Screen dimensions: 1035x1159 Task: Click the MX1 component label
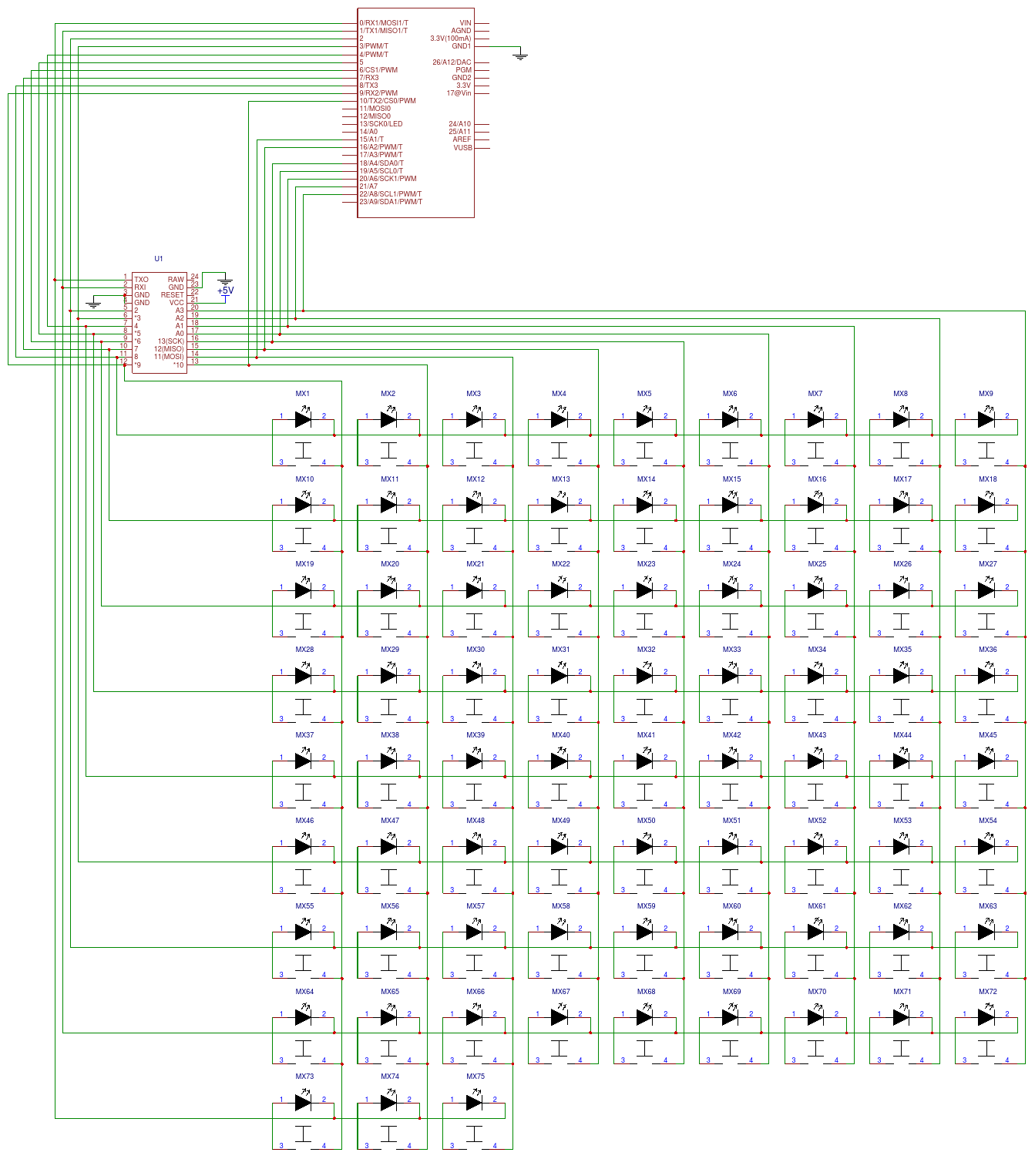point(302,394)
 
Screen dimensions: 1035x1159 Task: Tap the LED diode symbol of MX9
point(986,419)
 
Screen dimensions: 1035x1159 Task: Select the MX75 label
point(475,1077)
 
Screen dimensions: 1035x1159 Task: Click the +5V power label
point(225,291)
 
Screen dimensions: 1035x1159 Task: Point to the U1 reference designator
point(159,259)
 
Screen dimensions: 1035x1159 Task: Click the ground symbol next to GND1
point(521,55)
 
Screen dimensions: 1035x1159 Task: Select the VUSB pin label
point(462,148)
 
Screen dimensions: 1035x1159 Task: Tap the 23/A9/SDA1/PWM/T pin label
point(391,202)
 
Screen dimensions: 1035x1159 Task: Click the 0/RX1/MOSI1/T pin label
point(384,23)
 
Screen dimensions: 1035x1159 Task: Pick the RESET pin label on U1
point(172,295)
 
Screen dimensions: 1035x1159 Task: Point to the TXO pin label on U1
point(141,280)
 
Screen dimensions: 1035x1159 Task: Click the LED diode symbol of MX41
point(644,761)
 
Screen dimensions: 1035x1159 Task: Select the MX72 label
point(987,992)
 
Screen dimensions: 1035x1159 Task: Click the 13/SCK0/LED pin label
point(381,124)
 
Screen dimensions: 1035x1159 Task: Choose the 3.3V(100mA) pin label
point(450,39)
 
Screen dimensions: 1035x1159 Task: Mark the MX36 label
point(987,650)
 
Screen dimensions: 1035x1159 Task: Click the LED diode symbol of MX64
point(303,1017)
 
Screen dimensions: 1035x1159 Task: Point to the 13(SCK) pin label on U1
point(171,341)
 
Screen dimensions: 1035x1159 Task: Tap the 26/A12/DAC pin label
point(452,62)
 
